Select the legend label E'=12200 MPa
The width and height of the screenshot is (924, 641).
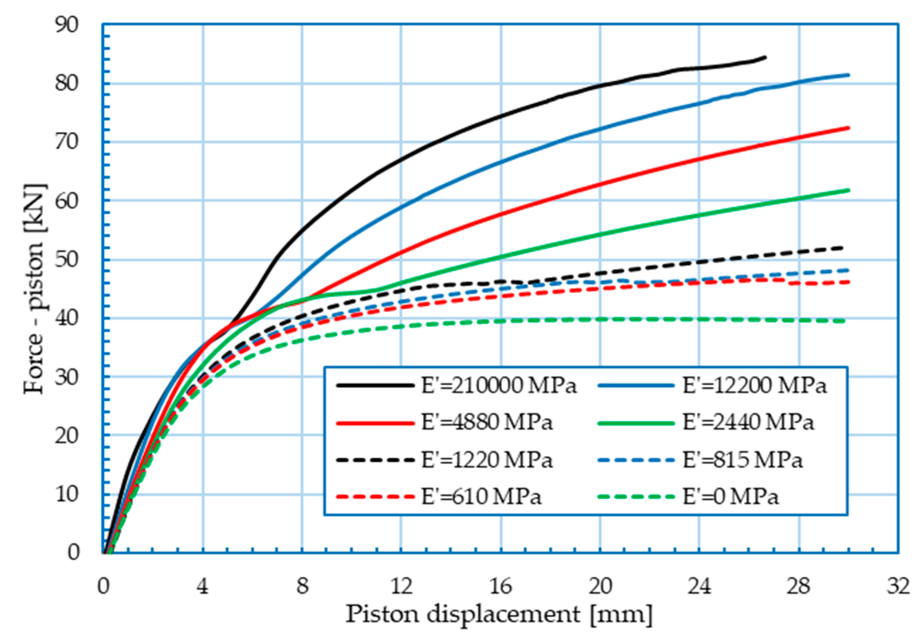coord(754,386)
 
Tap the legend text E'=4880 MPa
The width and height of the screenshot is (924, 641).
coord(487,423)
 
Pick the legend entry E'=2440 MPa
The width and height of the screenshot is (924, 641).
coord(748,423)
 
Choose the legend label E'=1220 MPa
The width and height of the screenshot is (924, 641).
coord(487,460)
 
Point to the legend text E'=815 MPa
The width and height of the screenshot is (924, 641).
coord(742,460)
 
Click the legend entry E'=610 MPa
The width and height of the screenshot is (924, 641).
coord(481,497)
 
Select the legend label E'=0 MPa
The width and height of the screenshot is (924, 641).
coord(730,497)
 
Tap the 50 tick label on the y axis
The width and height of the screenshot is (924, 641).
coord(67,260)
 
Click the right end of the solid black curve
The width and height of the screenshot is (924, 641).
coord(766,57)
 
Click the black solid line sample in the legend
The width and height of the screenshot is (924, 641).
coord(375,386)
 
